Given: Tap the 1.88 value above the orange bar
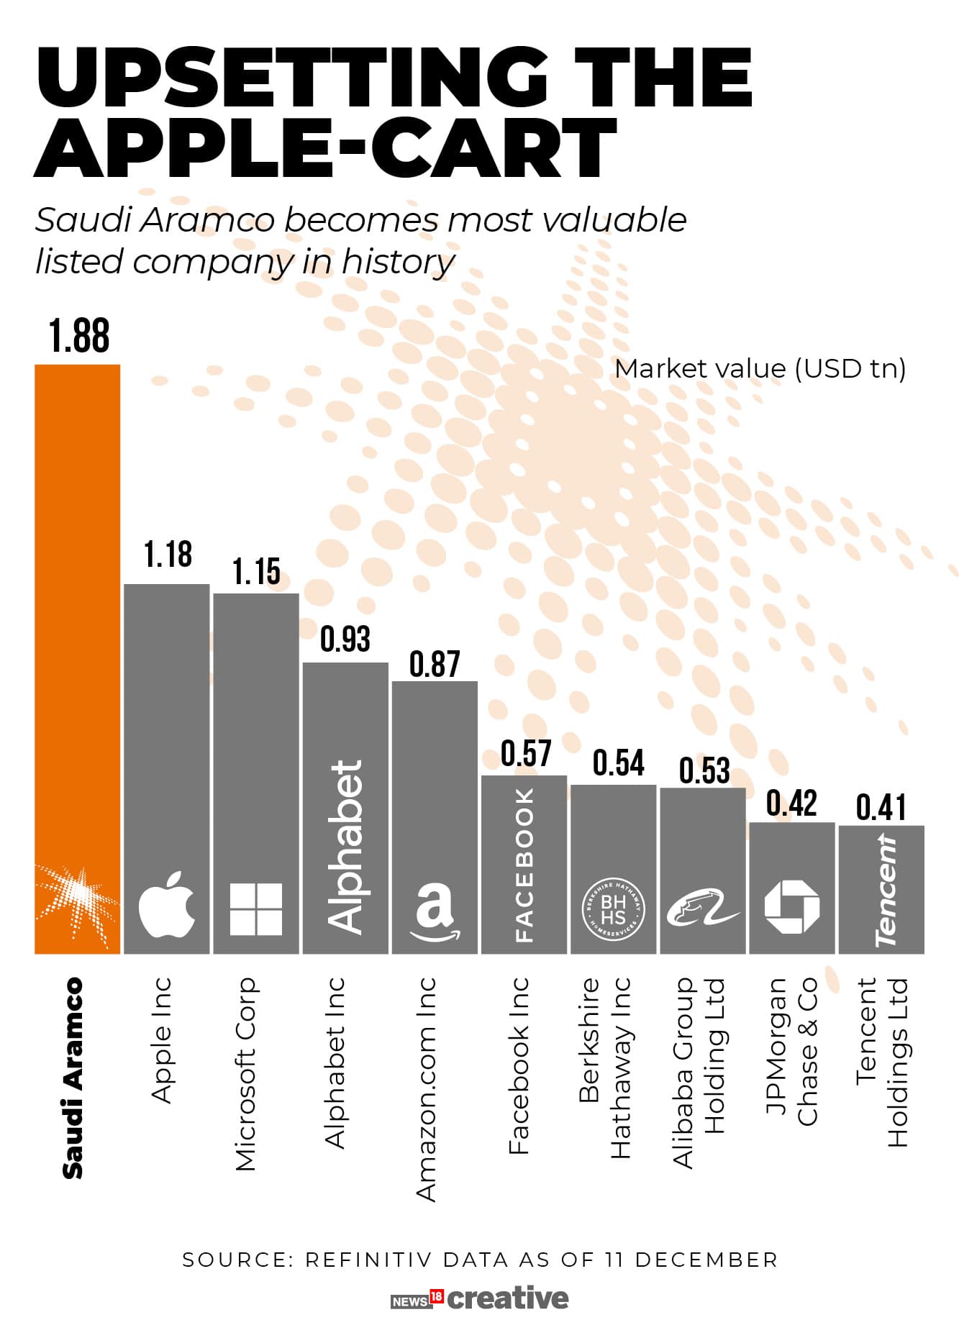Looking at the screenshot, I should tap(79, 335).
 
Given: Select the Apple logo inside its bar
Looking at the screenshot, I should tap(166, 904).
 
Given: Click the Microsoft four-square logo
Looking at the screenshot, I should tap(255, 909).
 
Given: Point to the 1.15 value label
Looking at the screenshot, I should tap(256, 571).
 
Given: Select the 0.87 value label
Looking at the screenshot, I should tap(435, 663).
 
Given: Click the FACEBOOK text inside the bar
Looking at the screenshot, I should tap(524, 864).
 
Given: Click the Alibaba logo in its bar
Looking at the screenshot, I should tap(702, 909).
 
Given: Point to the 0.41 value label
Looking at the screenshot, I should tap(881, 807).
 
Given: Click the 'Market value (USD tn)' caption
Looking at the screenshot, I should tap(760, 368).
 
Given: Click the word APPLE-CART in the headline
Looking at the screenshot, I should tap(325, 149).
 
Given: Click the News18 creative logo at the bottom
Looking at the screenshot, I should tap(479, 1298).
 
